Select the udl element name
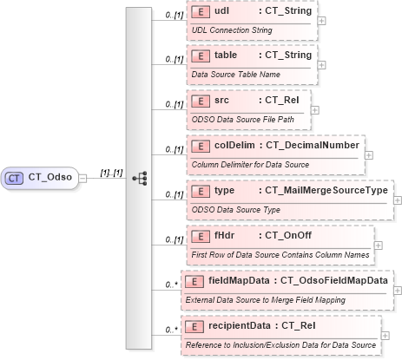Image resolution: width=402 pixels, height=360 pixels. [x=222, y=13]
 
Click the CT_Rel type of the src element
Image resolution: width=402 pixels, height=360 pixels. [x=283, y=101]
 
